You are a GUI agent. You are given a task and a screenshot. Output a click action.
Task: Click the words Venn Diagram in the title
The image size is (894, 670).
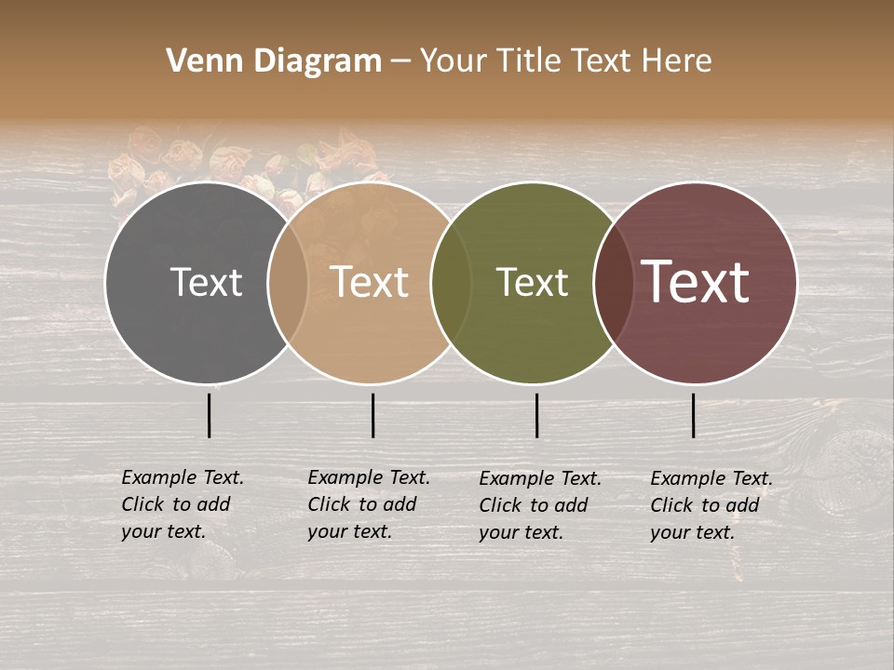(274, 61)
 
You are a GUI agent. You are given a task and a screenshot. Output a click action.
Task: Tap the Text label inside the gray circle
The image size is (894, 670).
(206, 282)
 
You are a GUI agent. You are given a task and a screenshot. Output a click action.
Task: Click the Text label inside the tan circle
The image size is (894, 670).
(370, 282)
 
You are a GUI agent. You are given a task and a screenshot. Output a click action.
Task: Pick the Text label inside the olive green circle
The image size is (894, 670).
(532, 282)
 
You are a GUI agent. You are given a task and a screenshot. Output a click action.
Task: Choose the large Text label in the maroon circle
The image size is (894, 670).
(696, 282)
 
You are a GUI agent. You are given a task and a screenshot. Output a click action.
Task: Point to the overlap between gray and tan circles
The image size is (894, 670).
(288, 282)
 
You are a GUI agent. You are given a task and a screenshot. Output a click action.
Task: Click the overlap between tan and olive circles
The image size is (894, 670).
(452, 282)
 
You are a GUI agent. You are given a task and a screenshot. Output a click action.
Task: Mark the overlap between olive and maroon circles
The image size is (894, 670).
(614, 282)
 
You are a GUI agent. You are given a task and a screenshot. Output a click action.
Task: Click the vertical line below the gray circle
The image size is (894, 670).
(210, 415)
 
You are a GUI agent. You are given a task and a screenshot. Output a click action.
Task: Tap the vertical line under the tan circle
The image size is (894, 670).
(372, 415)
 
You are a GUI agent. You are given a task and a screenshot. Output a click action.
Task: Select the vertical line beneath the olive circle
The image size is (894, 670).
(537, 415)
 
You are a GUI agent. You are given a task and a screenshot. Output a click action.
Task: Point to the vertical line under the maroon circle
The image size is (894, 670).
(694, 415)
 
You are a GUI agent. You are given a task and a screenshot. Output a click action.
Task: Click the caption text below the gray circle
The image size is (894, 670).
(183, 504)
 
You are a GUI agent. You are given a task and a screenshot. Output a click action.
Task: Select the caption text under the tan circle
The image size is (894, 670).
(369, 504)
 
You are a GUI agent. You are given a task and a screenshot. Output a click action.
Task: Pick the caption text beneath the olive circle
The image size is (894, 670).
(540, 505)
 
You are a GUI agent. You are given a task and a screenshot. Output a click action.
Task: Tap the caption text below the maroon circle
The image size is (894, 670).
(711, 505)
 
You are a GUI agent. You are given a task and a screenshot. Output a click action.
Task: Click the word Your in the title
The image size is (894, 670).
(454, 61)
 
